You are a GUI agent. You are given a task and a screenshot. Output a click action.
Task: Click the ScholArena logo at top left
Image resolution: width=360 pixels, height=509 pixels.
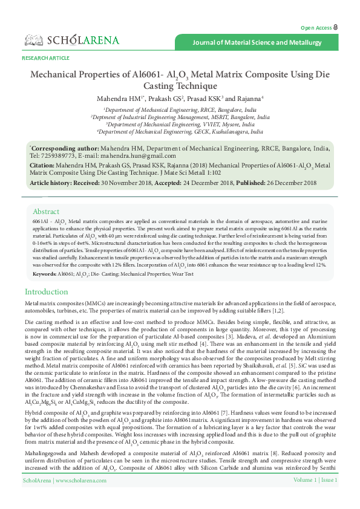pyautogui.click(x=72, y=41)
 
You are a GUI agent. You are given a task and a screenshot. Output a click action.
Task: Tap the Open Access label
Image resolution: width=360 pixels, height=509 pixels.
pyautogui.click(x=316, y=28)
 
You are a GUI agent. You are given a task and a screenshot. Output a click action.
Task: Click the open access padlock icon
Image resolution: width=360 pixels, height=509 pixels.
pyautogui.click(x=336, y=28)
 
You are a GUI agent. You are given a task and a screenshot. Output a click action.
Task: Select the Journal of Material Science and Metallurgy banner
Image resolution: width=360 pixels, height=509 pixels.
pyautogui.click(x=257, y=43)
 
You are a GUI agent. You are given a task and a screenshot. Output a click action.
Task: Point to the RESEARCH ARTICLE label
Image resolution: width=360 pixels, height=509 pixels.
pyautogui.click(x=45, y=57)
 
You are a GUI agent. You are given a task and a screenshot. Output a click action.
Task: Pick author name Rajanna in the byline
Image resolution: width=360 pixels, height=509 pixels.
pyautogui.click(x=247, y=99)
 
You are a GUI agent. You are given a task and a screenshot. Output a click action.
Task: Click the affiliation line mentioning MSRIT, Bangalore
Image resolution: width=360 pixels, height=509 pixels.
pyautogui.click(x=180, y=117)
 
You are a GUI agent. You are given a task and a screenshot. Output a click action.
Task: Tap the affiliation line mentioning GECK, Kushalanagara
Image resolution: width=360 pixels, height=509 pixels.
pyautogui.click(x=180, y=131)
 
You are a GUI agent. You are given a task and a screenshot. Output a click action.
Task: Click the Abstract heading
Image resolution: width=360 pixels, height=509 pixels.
pyautogui.click(x=46, y=212)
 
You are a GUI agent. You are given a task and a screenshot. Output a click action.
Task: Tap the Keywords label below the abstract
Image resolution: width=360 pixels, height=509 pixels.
pyautogui.click(x=45, y=274)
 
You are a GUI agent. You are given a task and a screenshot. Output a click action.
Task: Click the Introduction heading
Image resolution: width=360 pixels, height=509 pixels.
pyautogui.click(x=46, y=292)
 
